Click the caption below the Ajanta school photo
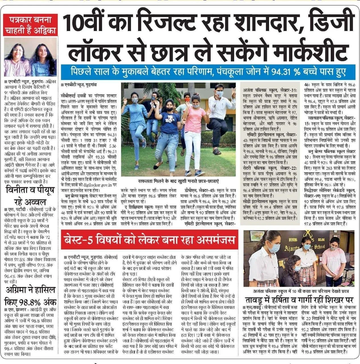[x=301, y=291]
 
